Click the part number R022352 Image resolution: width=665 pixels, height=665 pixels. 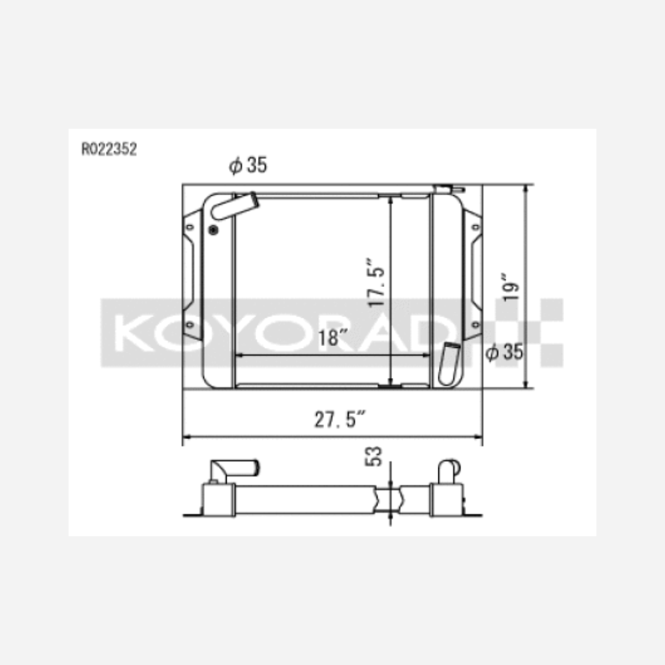[109, 149]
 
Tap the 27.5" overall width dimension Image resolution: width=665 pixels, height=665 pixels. [340, 419]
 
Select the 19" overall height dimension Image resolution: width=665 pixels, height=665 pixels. [510, 287]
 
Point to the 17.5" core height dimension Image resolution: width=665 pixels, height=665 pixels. [376, 282]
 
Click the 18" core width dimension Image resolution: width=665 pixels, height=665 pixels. [332, 337]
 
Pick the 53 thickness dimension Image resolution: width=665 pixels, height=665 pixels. [374, 456]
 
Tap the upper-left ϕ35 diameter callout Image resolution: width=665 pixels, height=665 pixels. [248, 165]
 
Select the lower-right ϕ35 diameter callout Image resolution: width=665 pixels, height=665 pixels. [504, 352]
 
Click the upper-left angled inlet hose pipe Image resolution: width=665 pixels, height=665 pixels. [235, 206]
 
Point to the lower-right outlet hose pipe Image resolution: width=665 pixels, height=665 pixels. [449, 364]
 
